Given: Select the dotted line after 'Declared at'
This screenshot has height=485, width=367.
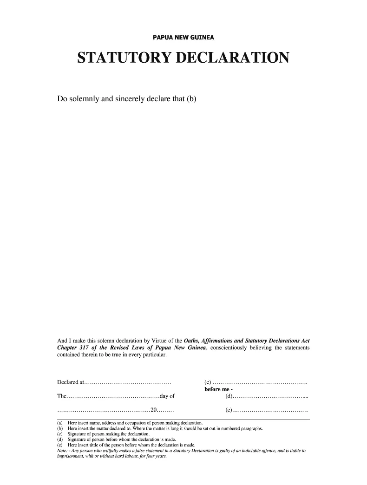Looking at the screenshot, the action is [128, 382].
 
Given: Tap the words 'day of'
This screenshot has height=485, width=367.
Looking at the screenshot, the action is [166, 397].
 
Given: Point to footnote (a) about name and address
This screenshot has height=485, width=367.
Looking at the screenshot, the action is [130, 423].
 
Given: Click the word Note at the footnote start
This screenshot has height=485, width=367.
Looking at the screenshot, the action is [61, 450].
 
